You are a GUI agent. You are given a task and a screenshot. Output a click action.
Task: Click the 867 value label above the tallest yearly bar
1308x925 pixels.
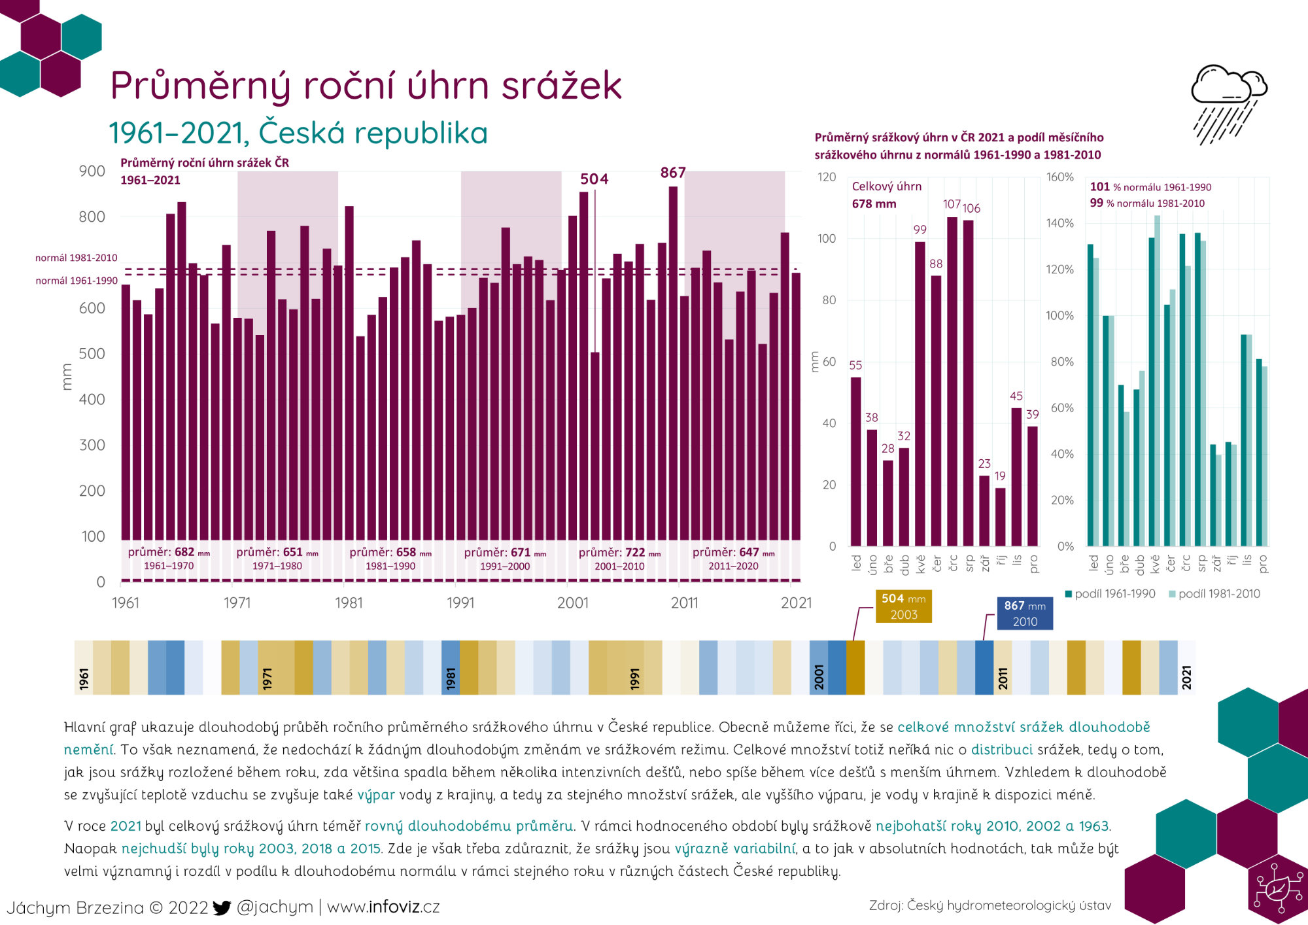(x=672, y=173)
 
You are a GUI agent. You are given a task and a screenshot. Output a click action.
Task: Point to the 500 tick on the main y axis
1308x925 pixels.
(x=92, y=354)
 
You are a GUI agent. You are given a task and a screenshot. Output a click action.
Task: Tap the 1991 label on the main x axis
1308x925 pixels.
(x=460, y=602)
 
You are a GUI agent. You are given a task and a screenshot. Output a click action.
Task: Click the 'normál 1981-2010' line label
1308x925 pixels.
(x=77, y=258)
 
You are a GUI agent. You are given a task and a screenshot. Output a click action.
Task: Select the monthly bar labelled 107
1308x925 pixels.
(x=952, y=379)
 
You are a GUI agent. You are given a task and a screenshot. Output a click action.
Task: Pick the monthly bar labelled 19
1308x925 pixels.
(x=1000, y=517)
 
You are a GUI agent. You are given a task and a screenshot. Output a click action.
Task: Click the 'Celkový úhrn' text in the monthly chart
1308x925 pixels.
(x=886, y=186)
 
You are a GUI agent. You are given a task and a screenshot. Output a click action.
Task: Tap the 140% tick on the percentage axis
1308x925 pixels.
(x=1059, y=223)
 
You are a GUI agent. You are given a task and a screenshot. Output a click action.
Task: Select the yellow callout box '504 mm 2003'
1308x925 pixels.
(x=903, y=606)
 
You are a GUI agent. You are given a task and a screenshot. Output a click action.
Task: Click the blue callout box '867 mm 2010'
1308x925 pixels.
(x=1024, y=614)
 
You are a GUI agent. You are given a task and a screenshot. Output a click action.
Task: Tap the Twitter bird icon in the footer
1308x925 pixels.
(x=222, y=907)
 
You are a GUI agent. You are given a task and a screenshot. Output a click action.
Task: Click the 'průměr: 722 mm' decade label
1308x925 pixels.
(x=619, y=553)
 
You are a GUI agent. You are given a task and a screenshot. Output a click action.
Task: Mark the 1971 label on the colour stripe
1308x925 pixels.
(x=267, y=678)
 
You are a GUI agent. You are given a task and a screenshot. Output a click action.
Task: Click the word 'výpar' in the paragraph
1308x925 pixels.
(x=376, y=795)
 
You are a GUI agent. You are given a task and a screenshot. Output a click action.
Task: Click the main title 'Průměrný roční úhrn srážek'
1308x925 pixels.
(x=366, y=86)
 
